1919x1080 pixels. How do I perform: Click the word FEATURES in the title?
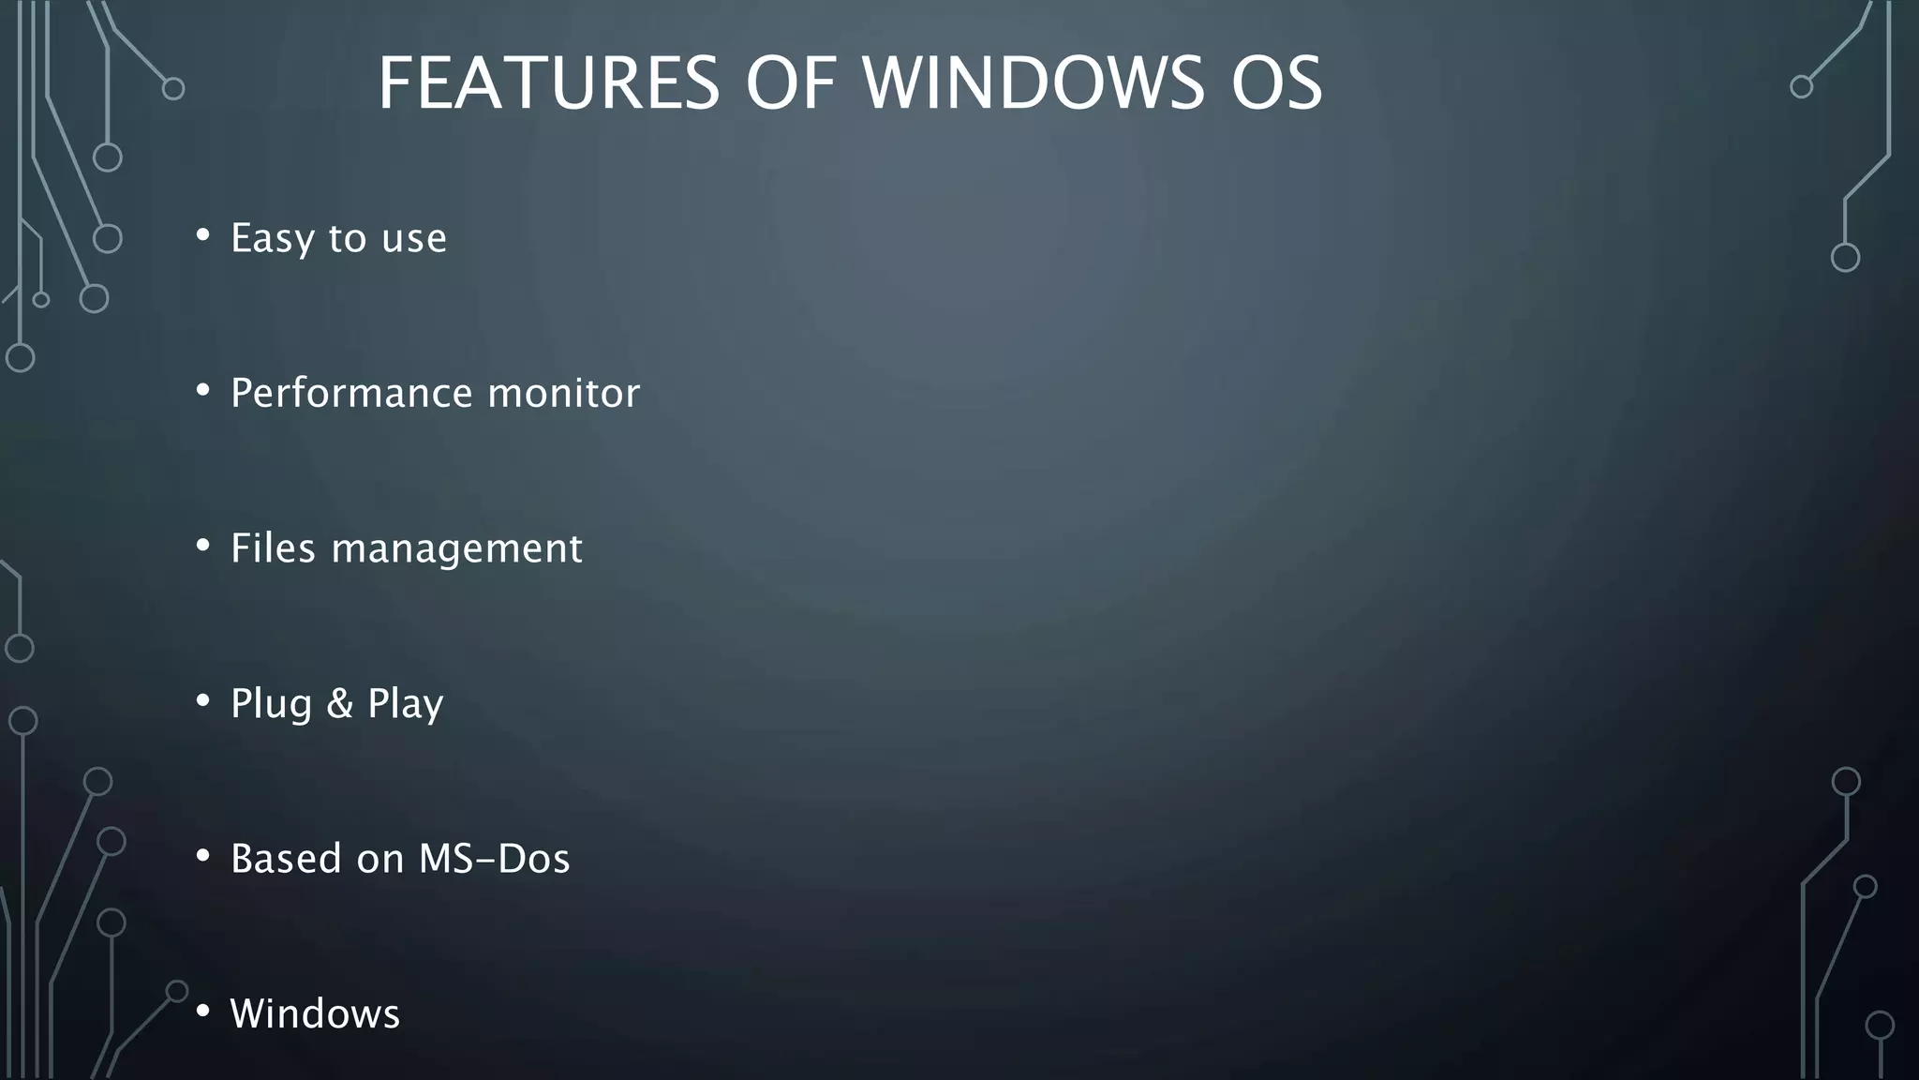(548, 83)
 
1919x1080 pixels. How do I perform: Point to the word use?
(414, 238)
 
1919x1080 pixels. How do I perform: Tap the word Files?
(275, 548)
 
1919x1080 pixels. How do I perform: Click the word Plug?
(271, 704)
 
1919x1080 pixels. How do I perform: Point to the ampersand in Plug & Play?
(339, 703)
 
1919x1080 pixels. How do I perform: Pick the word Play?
(405, 704)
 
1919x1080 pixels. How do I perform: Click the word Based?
(286, 859)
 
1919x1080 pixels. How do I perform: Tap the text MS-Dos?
(494, 859)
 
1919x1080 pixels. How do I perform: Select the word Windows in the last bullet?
(315, 1013)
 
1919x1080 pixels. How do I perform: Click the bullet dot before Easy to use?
(202, 235)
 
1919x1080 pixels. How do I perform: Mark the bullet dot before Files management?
(202, 546)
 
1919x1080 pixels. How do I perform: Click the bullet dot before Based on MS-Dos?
(202, 856)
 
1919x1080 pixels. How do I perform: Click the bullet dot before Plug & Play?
(202, 700)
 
